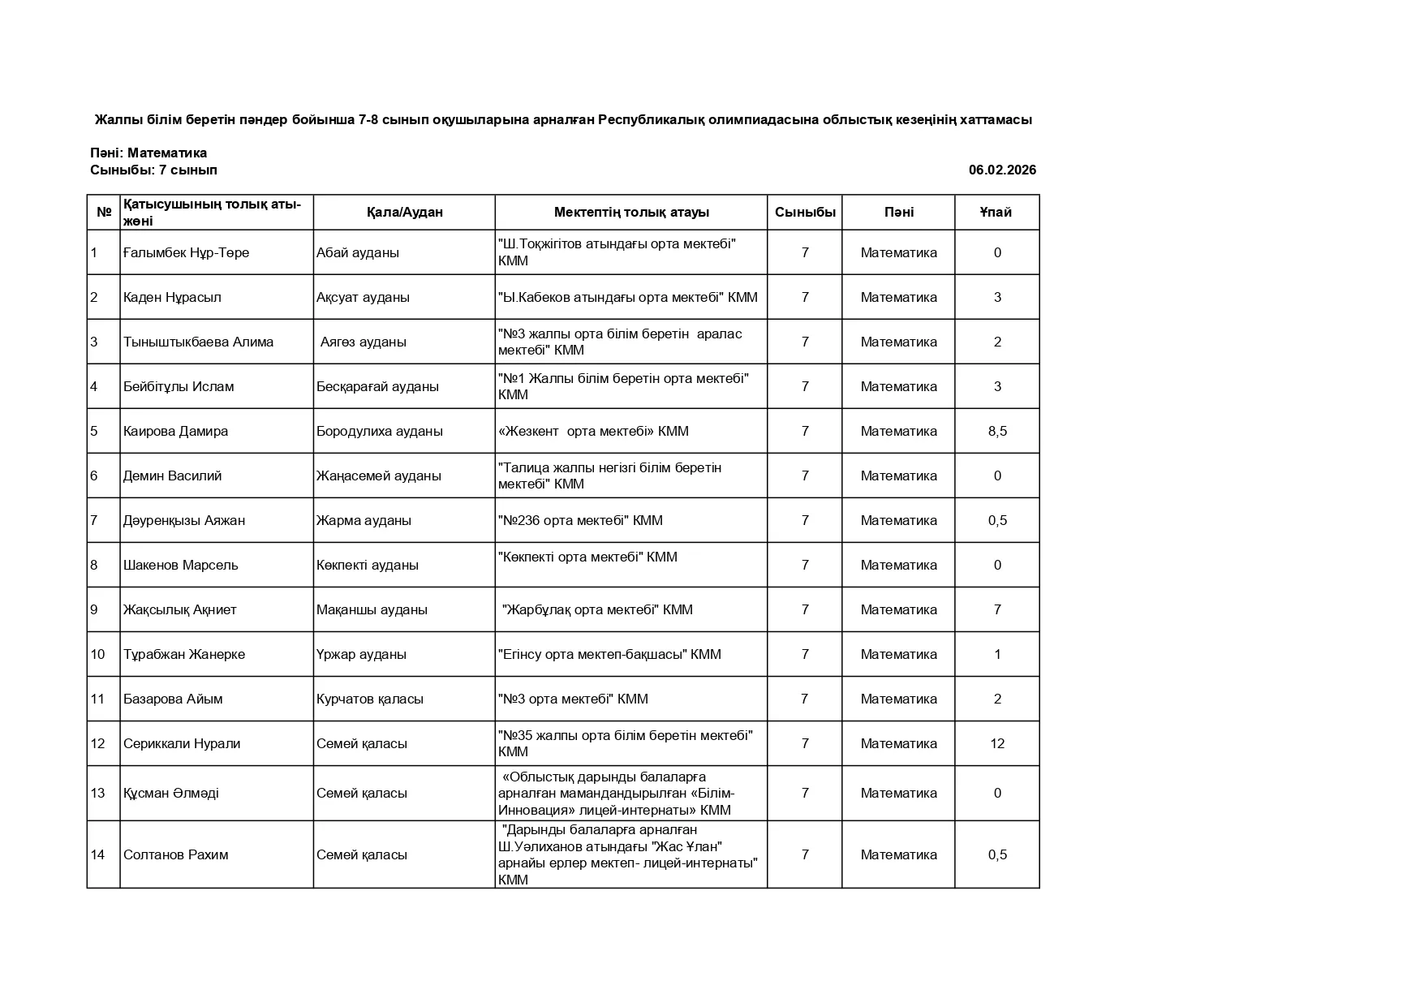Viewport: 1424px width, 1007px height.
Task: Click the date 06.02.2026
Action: pyautogui.click(x=1001, y=170)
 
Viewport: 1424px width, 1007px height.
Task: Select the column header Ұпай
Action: pyautogui.click(x=996, y=212)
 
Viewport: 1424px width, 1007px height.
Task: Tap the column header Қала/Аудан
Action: pyautogui.click(x=404, y=212)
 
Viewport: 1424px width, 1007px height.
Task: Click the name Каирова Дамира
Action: pyautogui.click(x=175, y=431)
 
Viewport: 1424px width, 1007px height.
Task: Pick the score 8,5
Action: pyautogui.click(x=997, y=431)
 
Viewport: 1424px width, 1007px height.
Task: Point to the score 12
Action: pyautogui.click(x=997, y=743)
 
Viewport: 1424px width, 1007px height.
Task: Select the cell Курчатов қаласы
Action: pyautogui.click(x=369, y=699)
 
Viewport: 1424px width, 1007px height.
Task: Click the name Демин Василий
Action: pyautogui.click(x=172, y=476)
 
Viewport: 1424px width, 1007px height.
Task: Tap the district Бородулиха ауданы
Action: pyautogui.click(x=379, y=431)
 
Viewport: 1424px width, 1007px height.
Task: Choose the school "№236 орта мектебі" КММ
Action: pyautogui.click(x=580, y=520)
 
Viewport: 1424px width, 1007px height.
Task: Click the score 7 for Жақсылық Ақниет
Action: pyautogui.click(x=997, y=609)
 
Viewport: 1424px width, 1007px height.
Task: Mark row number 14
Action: pyautogui.click(x=98, y=854)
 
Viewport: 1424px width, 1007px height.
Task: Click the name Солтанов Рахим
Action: pyautogui.click(x=175, y=854)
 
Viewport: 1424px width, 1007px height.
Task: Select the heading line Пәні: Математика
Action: pyautogui.click(x=148, y=153)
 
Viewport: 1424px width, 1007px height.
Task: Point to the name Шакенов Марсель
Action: pyautogui.click(x=180, y=565)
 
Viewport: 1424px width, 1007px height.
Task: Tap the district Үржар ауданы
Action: pyautogui.click(x=361, y=654)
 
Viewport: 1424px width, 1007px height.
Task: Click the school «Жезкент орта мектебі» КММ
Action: pyautogui.click(x=593, y=431)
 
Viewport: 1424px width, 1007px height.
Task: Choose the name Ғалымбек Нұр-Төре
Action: pyautogui.click(x=186, y=252)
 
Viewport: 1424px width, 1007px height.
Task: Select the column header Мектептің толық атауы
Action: pyautogui.click(x=631, y=212)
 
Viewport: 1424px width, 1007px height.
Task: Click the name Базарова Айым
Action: pyautogui.click(x=173, y=699)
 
